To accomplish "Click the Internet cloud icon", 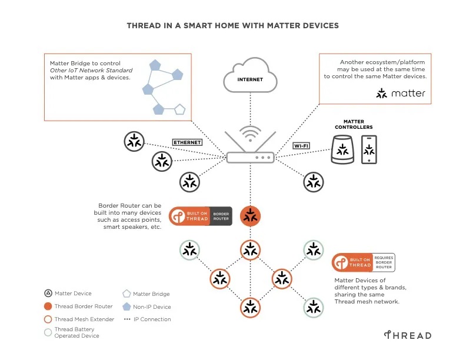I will tap(250, 77).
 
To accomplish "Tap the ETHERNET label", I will tap(187, 142).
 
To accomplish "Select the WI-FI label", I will tap(301, 145).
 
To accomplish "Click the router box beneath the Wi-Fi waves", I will tap(250, 157).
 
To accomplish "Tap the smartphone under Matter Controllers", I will tap(369, 150).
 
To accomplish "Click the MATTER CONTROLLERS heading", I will tap(354, 124).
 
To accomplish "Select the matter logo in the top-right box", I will tap(401, 94).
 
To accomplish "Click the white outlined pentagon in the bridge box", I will tap(179, 109).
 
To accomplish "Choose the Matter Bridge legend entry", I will tap(151, 294).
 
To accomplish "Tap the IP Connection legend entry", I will tap(152, 319).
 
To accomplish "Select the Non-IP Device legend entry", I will tap(151, 306).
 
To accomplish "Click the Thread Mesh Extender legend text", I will tap(84, 319).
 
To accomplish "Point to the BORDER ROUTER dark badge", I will tap(221, 216).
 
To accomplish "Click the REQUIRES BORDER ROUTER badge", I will tap(383, 262).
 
